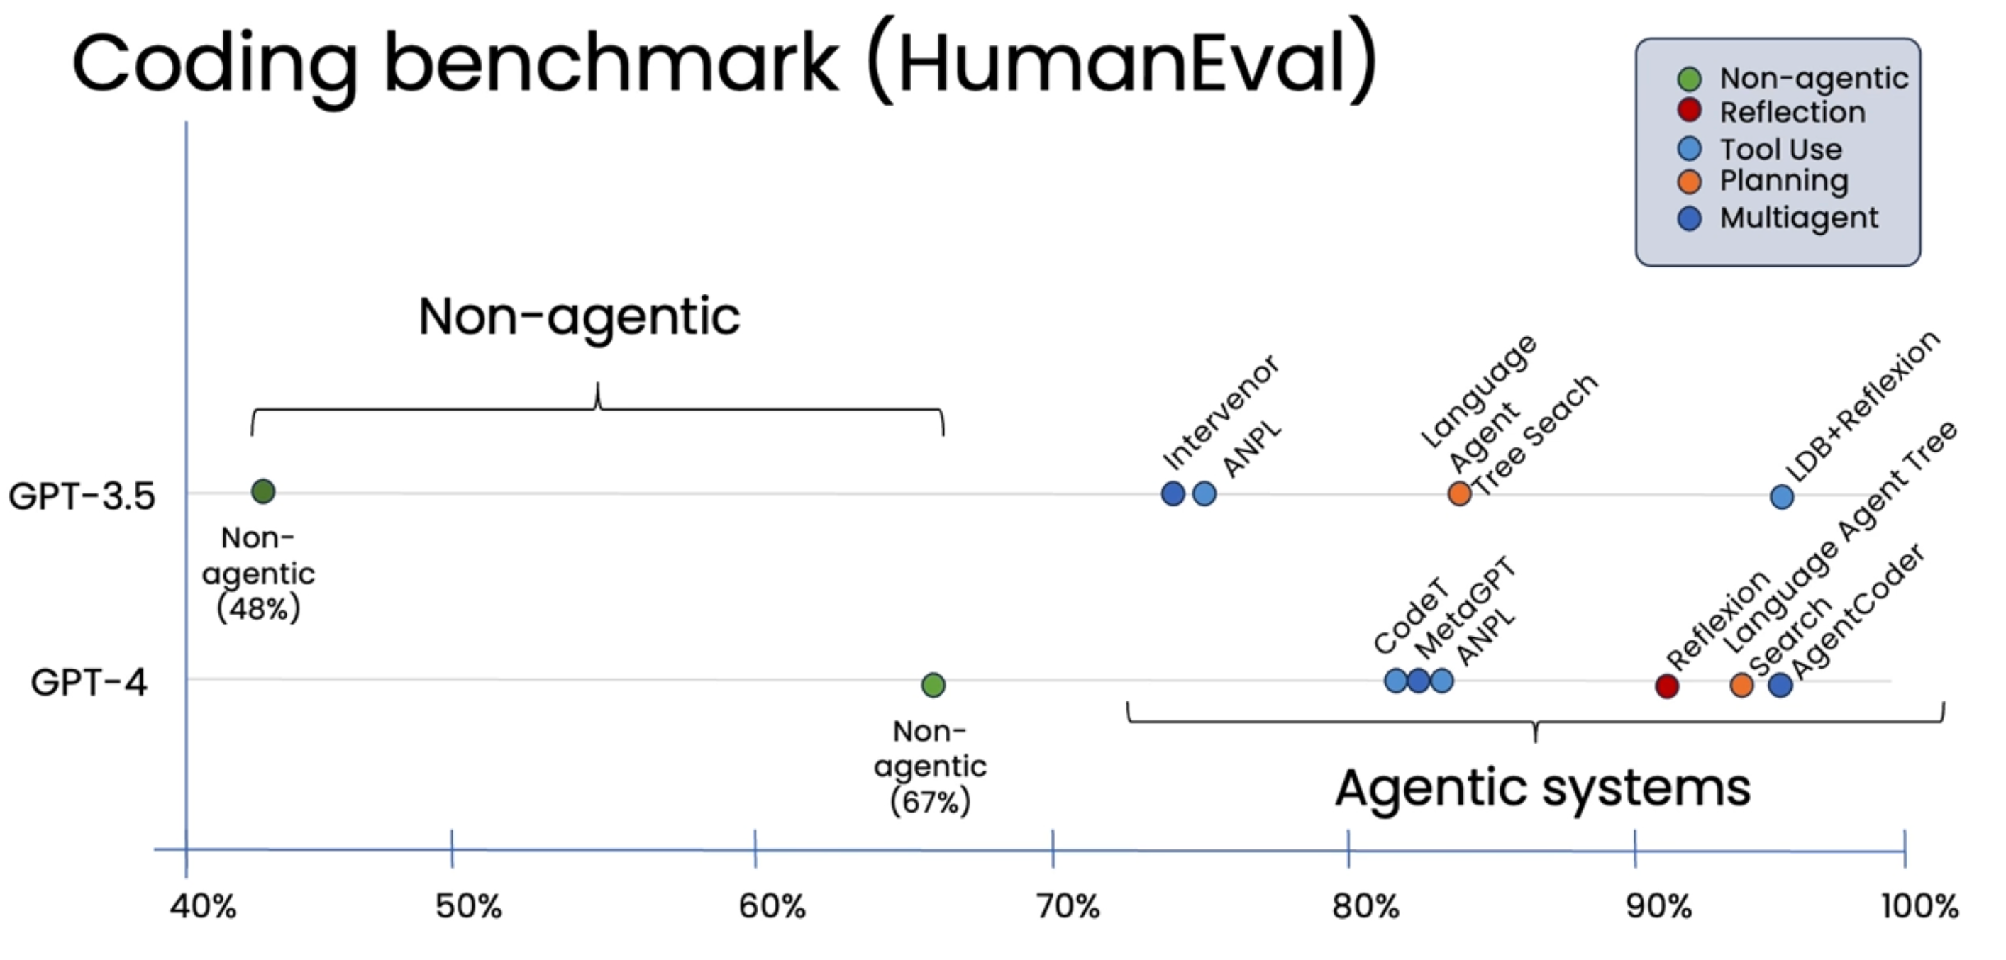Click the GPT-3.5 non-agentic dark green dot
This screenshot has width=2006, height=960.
point(263,491)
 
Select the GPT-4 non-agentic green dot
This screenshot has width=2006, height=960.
point(933,684)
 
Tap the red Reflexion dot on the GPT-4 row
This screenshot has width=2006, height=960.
point(1666,686)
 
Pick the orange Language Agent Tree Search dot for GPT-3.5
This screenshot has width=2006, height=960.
point(1459,493)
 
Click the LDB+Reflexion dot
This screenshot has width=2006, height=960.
point(1782,496)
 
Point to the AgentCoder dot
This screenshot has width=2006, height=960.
point(1780,685)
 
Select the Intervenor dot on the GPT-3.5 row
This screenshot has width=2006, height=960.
point(1173,493)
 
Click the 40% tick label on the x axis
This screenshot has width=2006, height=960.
point(204,906)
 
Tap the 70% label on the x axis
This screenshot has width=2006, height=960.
point(1068,906)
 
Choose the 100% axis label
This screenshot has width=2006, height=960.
point(1919,906)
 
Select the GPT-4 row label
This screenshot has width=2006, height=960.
point(89,683)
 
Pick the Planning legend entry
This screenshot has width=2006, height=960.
point(1783,182)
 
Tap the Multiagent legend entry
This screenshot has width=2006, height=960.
point(1798,218)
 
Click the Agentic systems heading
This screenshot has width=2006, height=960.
point(1543,788)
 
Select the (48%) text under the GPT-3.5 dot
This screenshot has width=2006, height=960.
point(258,608)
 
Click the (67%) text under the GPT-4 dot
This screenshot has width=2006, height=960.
point(931,801)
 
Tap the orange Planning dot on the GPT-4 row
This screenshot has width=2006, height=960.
point(1742,685)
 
